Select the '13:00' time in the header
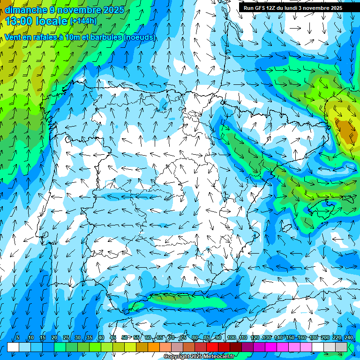(18, 21)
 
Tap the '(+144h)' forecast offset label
(83, 21)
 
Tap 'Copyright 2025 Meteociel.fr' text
(199, 357)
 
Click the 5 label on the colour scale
(18, 338)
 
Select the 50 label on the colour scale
(124, 338)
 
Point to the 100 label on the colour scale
(231, 338)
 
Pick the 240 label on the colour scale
(348, 338)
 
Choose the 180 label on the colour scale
(313, 338)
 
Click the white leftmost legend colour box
(13, 346)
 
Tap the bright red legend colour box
(212, 346)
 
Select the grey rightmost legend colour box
(341, 346)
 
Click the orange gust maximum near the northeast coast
(347, 131)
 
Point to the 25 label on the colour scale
(66, 338)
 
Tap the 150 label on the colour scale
(290, 338)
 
